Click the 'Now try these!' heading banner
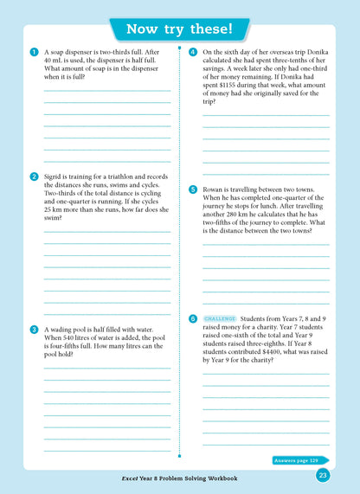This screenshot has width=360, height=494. click(179, 29)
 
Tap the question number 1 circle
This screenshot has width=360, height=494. click(33, 52)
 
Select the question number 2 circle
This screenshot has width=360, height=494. click(33, 176)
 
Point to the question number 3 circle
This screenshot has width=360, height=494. click(33, 330)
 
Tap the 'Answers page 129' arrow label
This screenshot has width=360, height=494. click(300, 460)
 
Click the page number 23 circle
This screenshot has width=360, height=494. click(323, 475)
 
